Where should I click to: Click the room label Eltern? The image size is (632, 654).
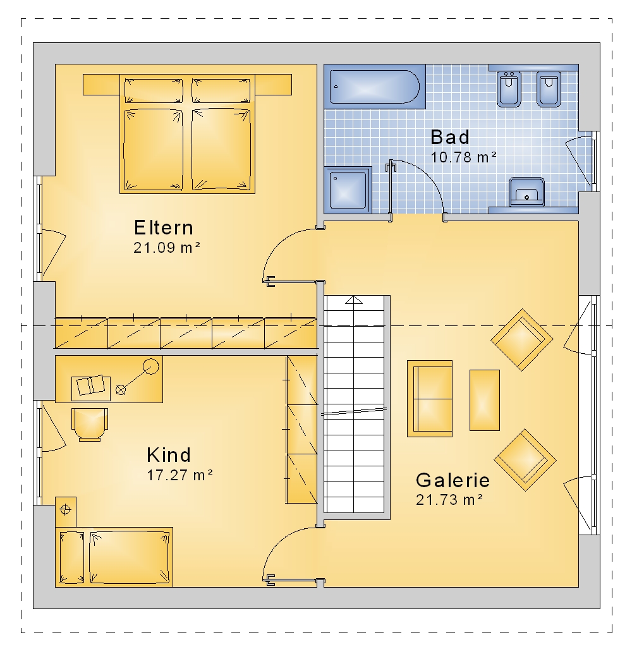click(x=164, y=227)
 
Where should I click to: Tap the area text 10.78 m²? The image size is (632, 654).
click(x=463, y=157)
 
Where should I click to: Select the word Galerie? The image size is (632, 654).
click(x=453, y=480)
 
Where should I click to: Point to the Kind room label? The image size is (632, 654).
click(x=169, y=454)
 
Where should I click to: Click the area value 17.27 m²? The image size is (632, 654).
click(x=179, y=475)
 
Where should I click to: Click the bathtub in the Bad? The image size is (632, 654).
click(x=375, y=87)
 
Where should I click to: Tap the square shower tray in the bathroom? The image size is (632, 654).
click(x=348, y=190)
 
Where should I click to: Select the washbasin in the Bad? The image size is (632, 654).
click(x=526, y=192)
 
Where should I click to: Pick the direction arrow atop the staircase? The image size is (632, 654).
click(x=354, y=300)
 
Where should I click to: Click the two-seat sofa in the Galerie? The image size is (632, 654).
click(x=430, y=399)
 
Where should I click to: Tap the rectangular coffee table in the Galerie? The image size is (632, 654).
click(x=485, y=400)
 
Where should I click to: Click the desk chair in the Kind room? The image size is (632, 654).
click(x=90, y=424)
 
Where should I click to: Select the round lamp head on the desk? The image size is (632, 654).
click(x=151, y=367)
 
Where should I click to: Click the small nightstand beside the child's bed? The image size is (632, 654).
click(x=66, y=512)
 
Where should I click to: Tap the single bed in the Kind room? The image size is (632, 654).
click(x=114, y=557)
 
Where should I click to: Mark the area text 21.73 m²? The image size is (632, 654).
click(x=449, y=500)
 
